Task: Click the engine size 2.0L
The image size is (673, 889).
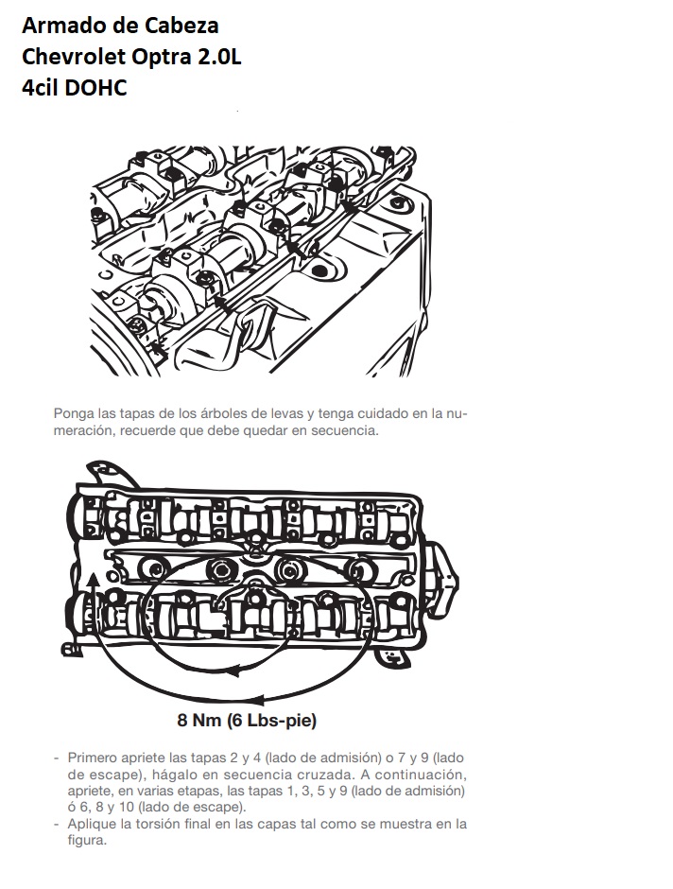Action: coord(220,58)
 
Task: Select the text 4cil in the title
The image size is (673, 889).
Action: coord(41,89)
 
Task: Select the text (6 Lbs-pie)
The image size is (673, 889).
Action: coord(272,721)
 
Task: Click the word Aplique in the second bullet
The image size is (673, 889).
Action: coord(89,824)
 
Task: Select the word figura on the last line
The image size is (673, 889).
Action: coord(87,840)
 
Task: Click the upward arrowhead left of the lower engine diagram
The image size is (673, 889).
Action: coord(94,580)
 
